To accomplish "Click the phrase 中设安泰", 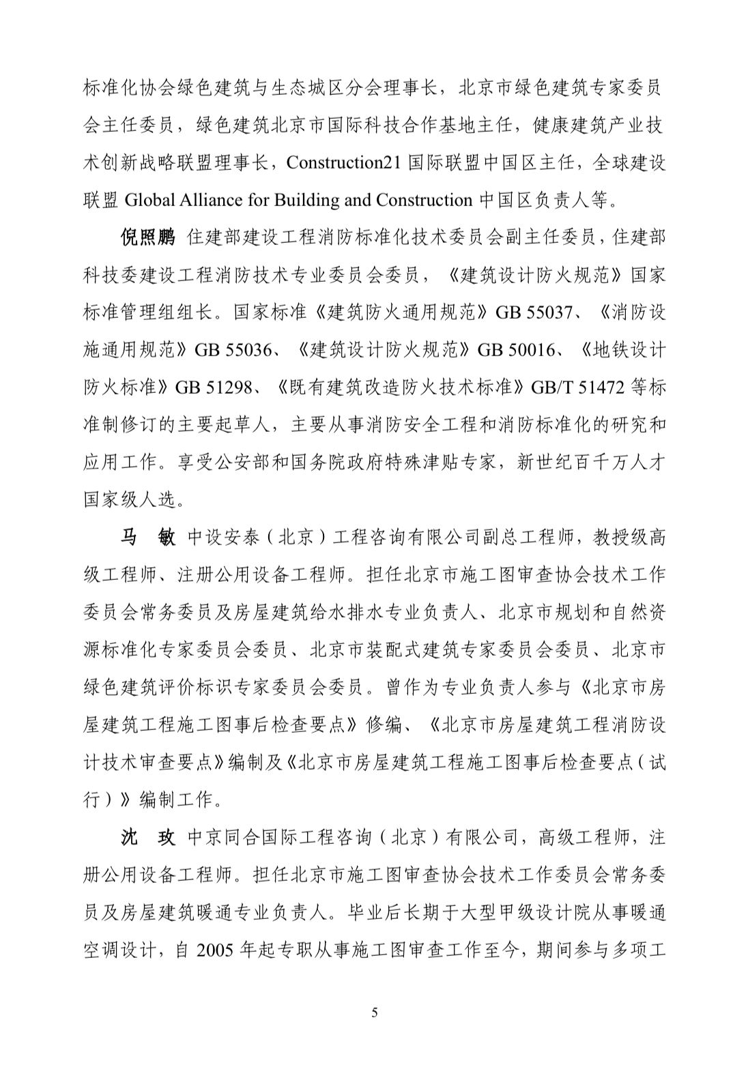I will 214,538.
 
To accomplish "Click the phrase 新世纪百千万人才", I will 590,463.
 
